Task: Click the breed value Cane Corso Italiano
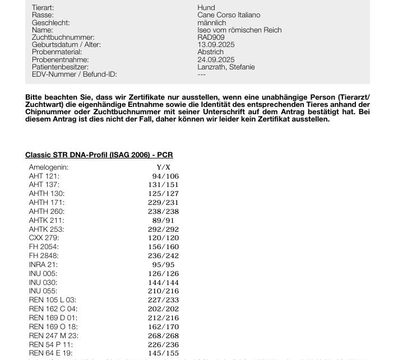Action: (x=229, y=15)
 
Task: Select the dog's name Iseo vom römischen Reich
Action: (x=239, y=30)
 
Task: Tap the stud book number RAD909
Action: (x=211, y=38)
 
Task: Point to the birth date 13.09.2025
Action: (x=216, y=45)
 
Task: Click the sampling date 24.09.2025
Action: (x=216, y=59)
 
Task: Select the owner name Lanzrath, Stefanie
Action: (x=226, y=67)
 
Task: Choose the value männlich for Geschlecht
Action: (x=211, y=22)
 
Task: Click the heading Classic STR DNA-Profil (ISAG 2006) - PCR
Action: (x=99, y=155)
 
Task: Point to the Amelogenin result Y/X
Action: (x=164, y=167)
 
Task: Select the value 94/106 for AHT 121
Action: (x=165, y=176)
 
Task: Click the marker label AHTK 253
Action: (x=47, y=229)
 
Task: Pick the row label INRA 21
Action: (x=43, y=265)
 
